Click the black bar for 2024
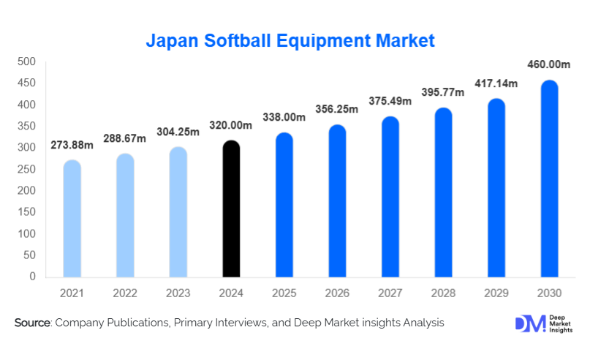click(x=230, y=209)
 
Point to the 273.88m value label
click(x=72, y=146)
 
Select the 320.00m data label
click(x=230, y=126)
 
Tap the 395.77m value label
click(x=444, y=93)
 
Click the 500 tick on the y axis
click(x=27, y=61)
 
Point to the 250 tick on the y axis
click(x=27, y=169)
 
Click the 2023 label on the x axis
click(x=178, y=293)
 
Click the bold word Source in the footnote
click(x=31, y=323)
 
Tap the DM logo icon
click(x=529, y=324)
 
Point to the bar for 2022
click(x=125, y=215)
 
